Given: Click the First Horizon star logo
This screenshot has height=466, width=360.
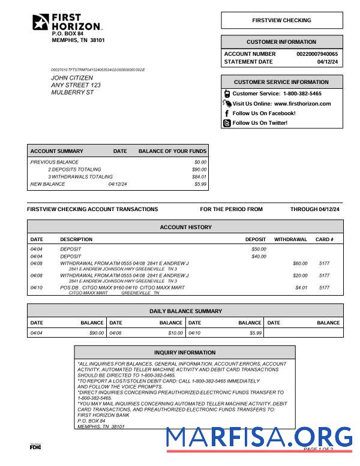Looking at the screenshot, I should click(41, 22).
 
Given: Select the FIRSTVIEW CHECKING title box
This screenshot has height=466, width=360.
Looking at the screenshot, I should click(281, 20).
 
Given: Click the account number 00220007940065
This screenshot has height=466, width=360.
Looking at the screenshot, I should click(317, 54).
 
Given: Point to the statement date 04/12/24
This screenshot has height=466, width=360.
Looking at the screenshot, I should click(328, 62).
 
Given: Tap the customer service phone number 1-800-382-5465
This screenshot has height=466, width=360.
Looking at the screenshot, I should click(302, 94).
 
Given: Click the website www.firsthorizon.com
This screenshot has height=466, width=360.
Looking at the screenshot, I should click(302, 104).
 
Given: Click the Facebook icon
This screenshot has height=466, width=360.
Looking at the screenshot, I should click(227, 113).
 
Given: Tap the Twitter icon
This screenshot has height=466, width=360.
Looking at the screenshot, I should click(227, 123).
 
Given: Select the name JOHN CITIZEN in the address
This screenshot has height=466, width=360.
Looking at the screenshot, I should click(72, 78).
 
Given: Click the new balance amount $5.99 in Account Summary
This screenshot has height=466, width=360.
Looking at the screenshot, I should click(200, 184).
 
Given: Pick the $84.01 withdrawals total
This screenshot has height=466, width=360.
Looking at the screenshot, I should click(199, 177).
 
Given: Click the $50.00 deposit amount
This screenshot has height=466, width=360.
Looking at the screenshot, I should click(259, 249).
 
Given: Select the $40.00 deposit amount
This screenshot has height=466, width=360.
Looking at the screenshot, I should click(259, 257).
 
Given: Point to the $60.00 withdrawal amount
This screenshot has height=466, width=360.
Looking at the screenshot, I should click(300, 263).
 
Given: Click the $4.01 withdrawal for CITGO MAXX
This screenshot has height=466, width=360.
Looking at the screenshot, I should click(301, 288).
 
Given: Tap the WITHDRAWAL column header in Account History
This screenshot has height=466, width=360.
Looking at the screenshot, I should click(290, 239).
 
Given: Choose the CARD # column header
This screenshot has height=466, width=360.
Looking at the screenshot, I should click(324, 239).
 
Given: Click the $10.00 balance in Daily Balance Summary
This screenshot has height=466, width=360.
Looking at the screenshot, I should click(175, 333).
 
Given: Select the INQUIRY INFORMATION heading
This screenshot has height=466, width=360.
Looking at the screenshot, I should click(185, 353).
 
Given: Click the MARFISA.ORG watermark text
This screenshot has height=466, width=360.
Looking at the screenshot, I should click(259, 437).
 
